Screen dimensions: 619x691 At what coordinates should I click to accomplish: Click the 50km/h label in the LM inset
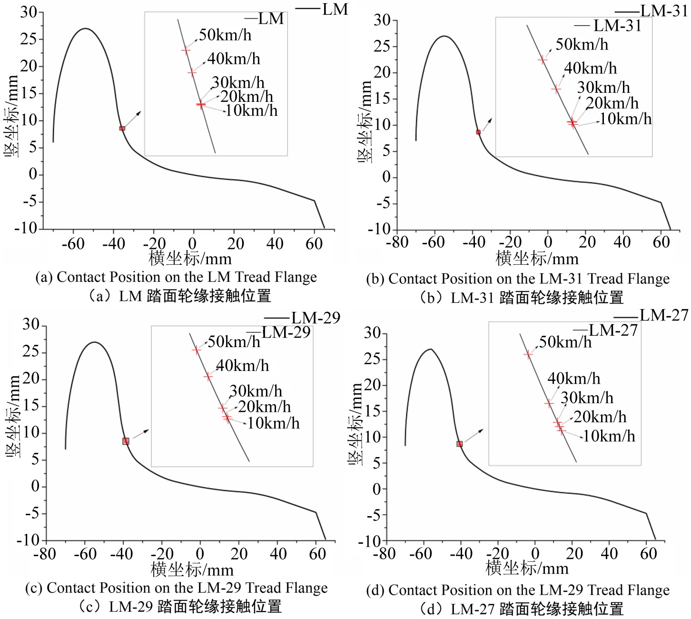coord(225,35)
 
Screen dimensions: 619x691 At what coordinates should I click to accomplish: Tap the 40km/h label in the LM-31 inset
coord(591,69)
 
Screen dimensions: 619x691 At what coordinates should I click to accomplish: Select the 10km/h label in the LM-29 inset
coord(274,423)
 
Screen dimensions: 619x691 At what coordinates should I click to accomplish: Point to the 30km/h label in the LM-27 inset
coord(587,398)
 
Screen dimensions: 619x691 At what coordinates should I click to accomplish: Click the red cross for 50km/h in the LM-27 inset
coord(528,354)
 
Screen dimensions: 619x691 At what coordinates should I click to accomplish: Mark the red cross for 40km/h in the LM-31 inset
coord(556,89)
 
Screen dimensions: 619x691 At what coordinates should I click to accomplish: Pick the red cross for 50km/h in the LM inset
coord(186,50)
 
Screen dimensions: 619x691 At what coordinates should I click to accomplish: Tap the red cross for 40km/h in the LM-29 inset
coord(208,376)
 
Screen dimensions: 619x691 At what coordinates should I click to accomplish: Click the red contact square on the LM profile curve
coord(122,128)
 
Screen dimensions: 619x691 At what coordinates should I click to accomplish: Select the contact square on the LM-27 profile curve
coord(460,444)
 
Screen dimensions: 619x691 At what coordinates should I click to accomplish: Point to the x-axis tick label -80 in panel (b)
coord(397,242)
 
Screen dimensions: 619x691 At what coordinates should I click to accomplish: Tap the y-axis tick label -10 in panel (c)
coord(29,540)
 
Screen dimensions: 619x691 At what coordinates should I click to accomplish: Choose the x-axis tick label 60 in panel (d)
coord(649,554)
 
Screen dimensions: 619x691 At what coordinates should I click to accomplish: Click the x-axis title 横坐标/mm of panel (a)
coord(190,259)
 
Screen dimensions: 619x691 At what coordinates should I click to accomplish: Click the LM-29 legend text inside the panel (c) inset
coord(286,332)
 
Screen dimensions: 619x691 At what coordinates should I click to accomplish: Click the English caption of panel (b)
coord(518,279)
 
